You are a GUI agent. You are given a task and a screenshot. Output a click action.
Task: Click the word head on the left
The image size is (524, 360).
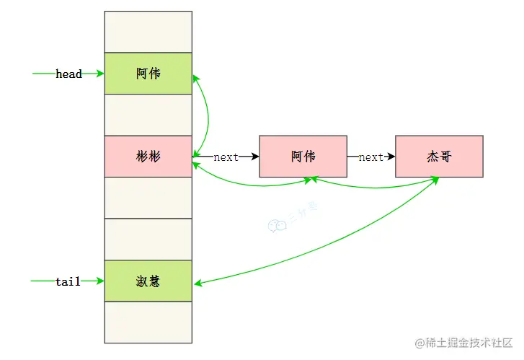68,74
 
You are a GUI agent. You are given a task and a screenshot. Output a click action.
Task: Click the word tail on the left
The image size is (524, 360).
68,281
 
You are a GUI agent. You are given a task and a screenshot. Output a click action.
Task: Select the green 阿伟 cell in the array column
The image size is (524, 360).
148,74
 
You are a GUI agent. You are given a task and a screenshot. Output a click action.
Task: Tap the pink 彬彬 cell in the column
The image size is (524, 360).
148,157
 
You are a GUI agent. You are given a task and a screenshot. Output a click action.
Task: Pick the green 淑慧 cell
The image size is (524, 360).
148,281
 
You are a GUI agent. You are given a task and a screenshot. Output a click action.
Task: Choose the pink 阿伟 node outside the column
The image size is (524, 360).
303,157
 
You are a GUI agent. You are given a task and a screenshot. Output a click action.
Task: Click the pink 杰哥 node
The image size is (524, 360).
439,157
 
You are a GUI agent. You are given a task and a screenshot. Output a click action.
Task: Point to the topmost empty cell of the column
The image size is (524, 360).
148,32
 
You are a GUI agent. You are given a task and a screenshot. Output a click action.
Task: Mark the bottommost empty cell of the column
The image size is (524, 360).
148,322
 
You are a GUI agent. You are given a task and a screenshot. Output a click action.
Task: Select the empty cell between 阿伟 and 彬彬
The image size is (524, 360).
148,115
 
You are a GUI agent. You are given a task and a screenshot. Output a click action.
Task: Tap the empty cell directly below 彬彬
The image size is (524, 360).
148,198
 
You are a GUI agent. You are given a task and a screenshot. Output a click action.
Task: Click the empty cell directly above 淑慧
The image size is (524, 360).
148,240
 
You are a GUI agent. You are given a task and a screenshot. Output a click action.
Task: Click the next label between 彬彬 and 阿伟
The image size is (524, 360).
226,157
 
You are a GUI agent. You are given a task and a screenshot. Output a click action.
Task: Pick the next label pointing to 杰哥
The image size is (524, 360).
370,157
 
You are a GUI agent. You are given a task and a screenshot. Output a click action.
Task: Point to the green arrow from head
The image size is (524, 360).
43,74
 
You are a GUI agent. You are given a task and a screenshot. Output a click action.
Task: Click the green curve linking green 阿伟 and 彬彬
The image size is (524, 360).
208,115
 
